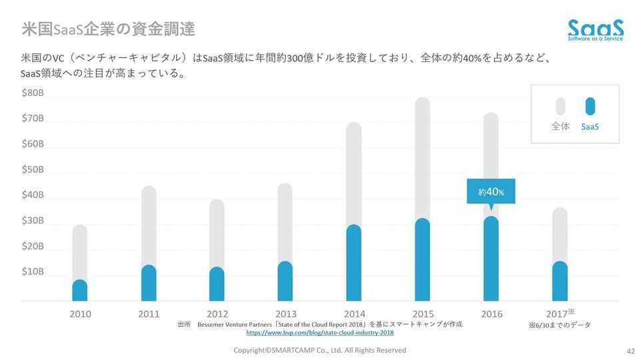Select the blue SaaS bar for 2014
tap(354, 263)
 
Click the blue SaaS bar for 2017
tap(560, 281)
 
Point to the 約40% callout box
tap(491, 192)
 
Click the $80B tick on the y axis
tap(33, 93)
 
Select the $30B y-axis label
tap(33, 221)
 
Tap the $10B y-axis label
tap(33, 272)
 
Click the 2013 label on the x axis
tap(286, 314)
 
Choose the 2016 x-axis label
tap(491, 314)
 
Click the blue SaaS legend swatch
tap(590, 107)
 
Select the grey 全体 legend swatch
tap(561, 107)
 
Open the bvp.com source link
tap(320, 332)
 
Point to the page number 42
tap(631, 351)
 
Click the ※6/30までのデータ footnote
tap(559, 325)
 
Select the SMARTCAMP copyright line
tap(319, 350)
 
